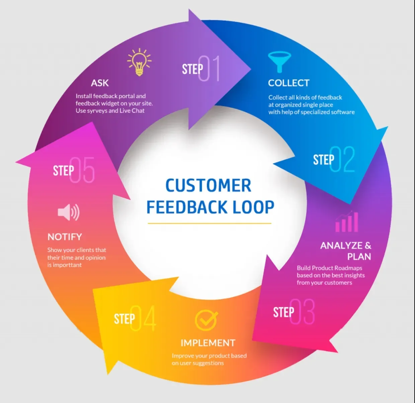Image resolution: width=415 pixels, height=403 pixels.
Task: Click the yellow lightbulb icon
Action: coord(139,62)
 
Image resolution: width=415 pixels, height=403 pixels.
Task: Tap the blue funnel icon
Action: coord(279,61)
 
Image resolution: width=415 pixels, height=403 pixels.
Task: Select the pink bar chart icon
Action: coord(347,222)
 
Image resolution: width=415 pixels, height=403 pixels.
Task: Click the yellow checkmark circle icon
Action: coord(206,320)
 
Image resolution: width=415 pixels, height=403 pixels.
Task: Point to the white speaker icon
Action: coord(68,212)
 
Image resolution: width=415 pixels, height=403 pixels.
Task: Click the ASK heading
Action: coord(100,83)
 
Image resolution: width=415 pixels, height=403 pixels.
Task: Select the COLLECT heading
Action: coord(288,83)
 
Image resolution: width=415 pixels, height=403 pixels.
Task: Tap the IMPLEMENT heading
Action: coord(208,343)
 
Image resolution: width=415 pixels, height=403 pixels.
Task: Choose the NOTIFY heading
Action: coord(65,237)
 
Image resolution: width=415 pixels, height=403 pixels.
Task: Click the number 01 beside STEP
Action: coord(210,68)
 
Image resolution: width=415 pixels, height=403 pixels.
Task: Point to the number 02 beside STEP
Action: coord(342,159)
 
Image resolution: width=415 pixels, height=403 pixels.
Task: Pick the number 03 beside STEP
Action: coord(302,312)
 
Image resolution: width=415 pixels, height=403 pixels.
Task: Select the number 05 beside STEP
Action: coord(82,170)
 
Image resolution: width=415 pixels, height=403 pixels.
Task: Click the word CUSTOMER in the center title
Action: coord(208,186)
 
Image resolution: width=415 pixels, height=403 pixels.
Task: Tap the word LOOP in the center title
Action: coord(253,207)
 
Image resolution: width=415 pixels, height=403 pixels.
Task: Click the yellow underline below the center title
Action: coord(209,223)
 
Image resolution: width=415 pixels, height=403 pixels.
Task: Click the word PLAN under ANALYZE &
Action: coord(359,256)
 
